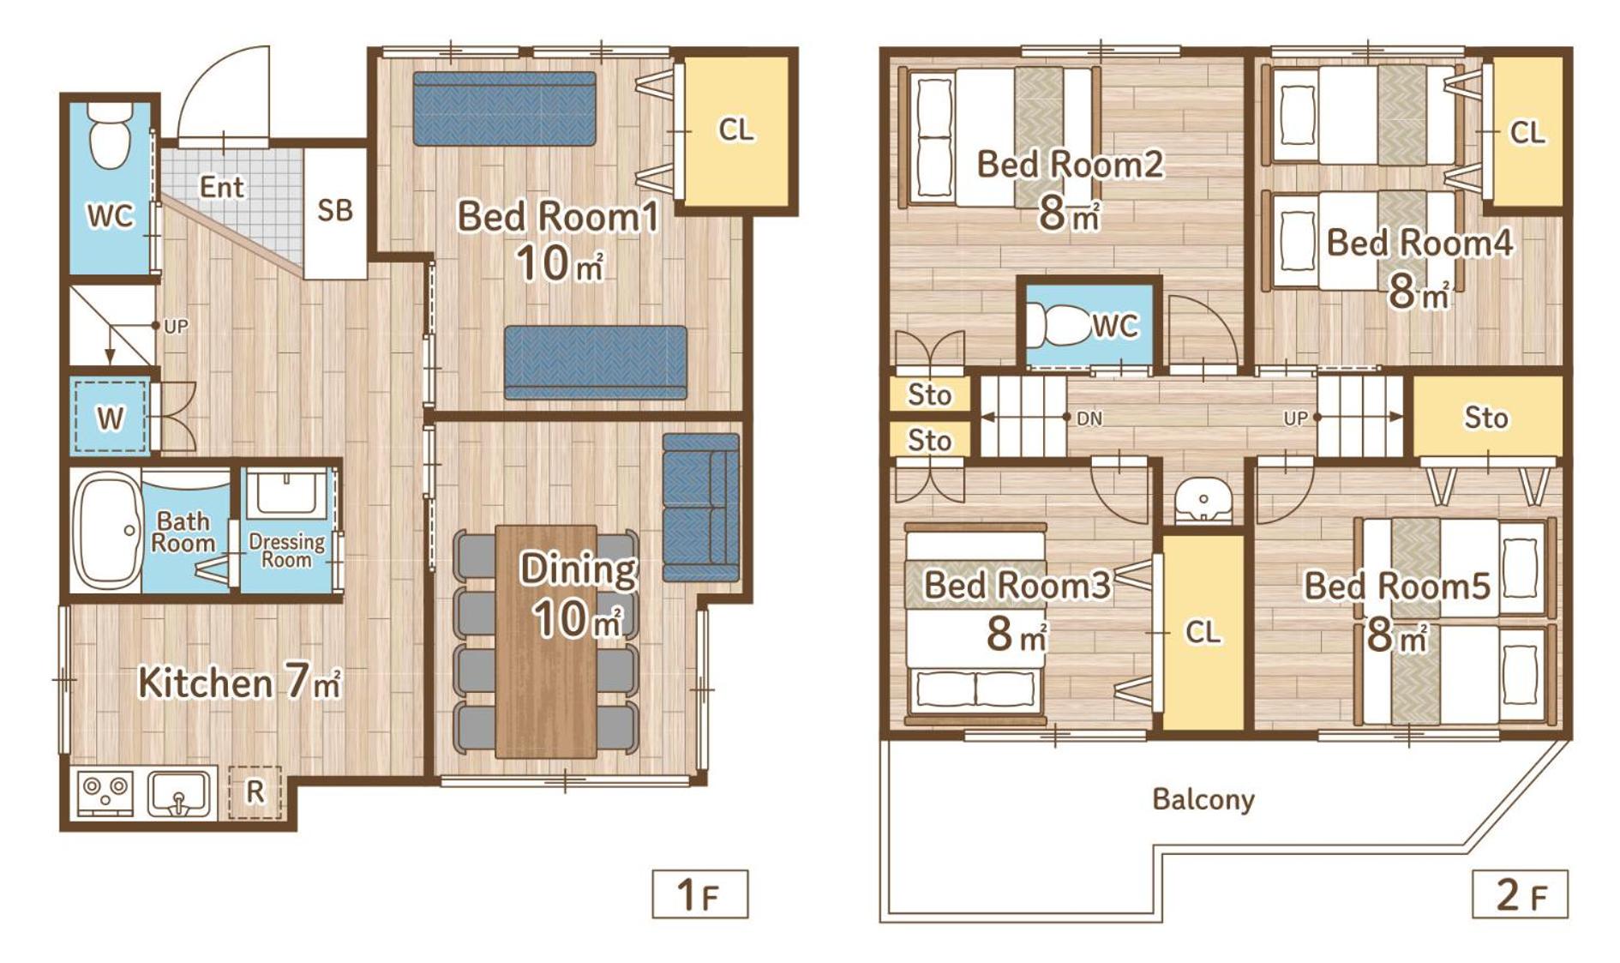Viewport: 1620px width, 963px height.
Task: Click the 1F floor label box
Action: point(699,894)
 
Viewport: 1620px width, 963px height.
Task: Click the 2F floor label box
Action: point(1520,894)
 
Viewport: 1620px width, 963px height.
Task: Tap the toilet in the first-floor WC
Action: point(109,136)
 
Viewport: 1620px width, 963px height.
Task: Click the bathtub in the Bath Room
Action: point(106,529)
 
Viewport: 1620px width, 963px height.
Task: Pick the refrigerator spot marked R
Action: point(255,791)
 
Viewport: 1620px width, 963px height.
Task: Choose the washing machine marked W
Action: point(109,418)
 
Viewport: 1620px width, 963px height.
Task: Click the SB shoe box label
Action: point(334,210)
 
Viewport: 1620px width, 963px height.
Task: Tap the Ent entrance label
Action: point(221,186)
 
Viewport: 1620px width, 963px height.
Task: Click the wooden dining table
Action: point(546,641)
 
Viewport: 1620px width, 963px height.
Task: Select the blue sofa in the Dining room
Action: point(700,508)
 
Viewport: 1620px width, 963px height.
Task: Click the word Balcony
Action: point(1203,799)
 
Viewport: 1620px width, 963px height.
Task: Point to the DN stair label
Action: point(1089,418)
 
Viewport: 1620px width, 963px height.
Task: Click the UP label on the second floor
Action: point(1295,418)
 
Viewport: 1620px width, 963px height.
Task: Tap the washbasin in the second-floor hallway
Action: point(1203,500)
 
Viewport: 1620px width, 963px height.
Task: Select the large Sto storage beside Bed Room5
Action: point(1485,418)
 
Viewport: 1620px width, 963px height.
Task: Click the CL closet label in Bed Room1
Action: point(735,130)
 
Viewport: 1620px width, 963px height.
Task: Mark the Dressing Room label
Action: point(286,551)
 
